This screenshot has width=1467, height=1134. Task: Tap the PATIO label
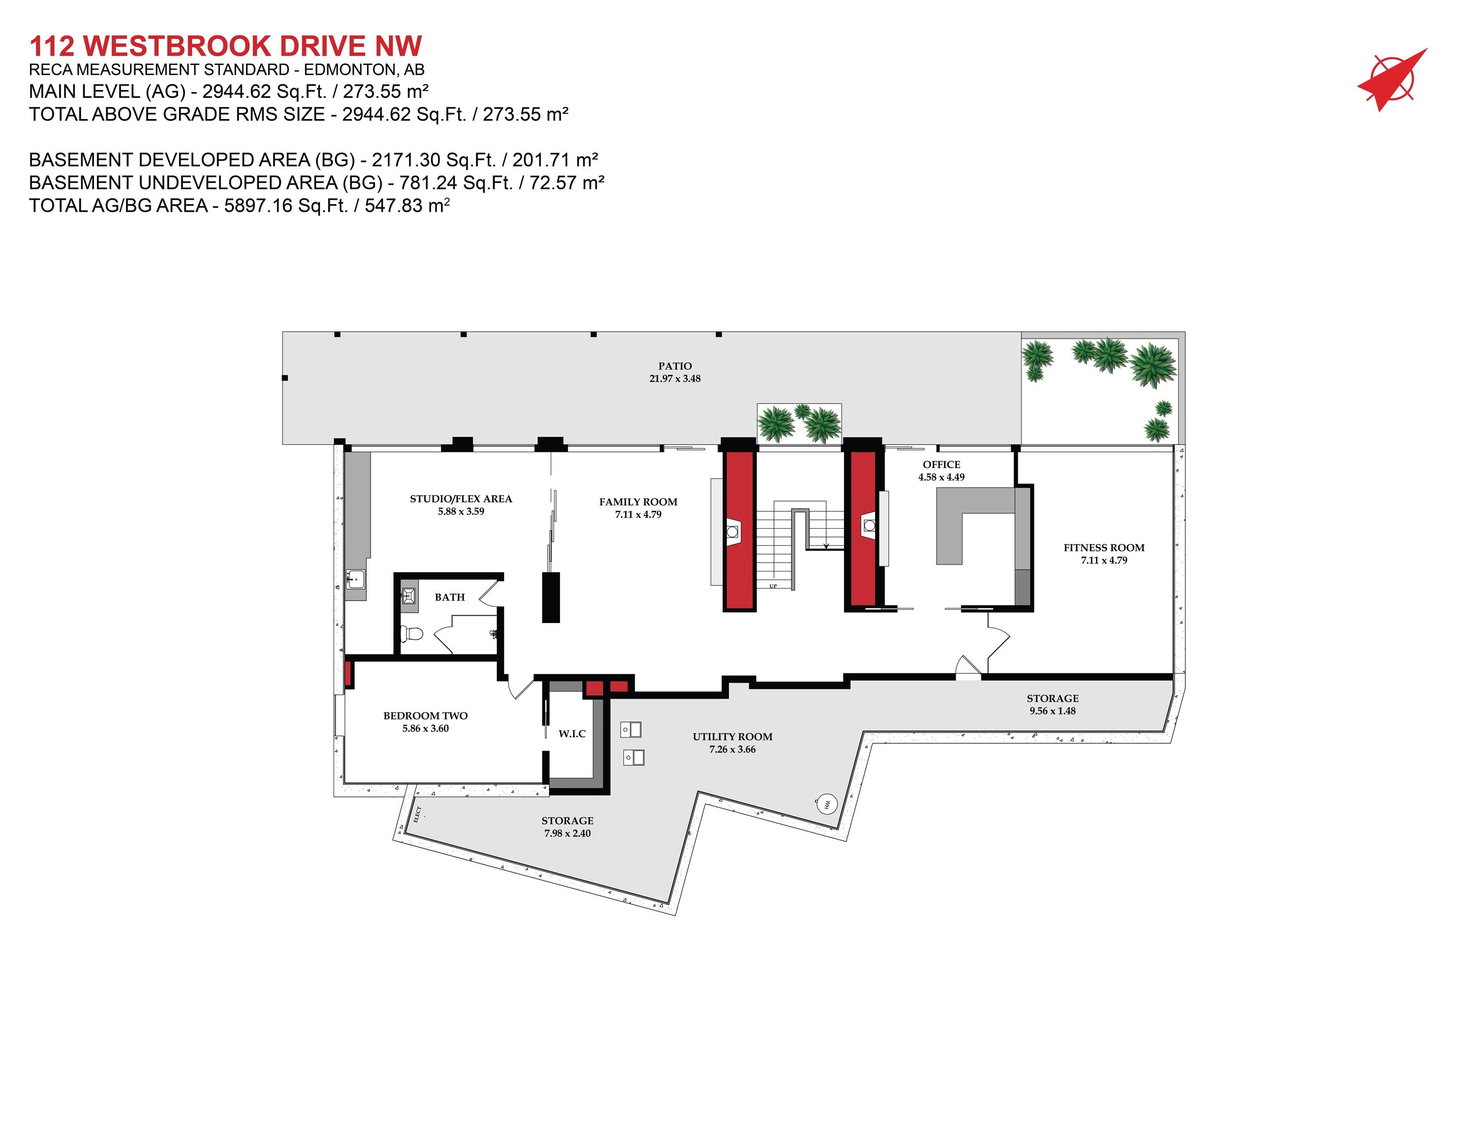(674, 366)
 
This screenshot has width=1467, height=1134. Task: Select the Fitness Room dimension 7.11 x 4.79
(1104, 560)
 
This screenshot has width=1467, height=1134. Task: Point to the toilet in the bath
(410, 633)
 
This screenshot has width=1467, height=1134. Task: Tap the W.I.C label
(572, 734)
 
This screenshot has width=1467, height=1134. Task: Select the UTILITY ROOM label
(732, 737)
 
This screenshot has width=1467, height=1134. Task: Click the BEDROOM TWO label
(425, 716)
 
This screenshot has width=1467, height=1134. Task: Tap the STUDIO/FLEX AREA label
(461, 499)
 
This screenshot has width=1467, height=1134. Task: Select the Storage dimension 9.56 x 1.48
(1052, 711)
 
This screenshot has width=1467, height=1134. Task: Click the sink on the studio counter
(355, 577)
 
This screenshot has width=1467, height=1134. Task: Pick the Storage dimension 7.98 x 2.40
(567, 834)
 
